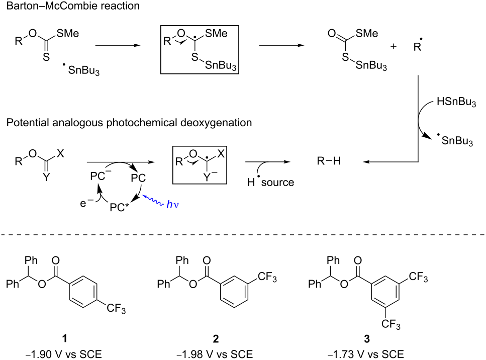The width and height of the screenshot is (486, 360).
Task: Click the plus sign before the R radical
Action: [x=394, y=46]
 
